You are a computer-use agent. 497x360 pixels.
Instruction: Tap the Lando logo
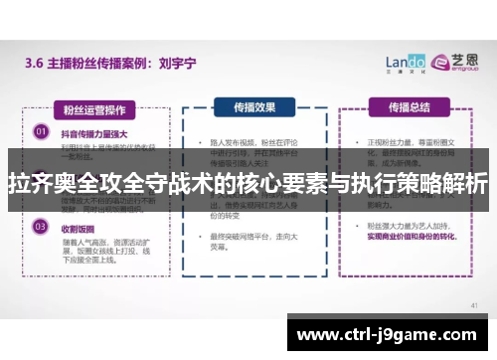[404, 62]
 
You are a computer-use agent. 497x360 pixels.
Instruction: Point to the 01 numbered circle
[41, 129]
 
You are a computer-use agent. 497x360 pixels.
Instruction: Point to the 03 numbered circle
[41, 227]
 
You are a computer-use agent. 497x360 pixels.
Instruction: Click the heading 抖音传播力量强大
[96, 130]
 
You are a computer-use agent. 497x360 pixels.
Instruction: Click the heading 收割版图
[81, 227]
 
